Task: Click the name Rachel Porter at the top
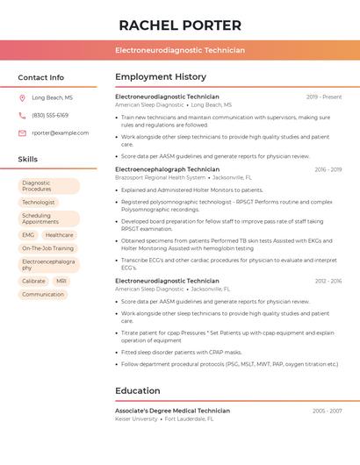pos(180,25)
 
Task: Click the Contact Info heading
pos(41,77)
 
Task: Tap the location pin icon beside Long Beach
pos(22,98)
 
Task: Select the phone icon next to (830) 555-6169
pos(22,115)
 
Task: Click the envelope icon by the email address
pos(22,133)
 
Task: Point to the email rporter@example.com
pos(61,133)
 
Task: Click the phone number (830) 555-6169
pos(50,115)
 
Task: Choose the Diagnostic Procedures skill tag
pos(47,186)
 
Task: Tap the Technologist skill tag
pos(39,202)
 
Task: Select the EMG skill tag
pos(28,235)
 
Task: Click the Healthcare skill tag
pos(60,235)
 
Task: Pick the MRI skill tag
pos(61,281)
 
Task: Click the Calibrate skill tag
pos(33,281)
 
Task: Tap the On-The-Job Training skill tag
pos(47,248)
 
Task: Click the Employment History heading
pos(161,77)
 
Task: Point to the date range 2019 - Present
pos(324,97)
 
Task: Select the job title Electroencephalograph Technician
pos(167,169)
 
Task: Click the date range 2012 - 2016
pos(328,281)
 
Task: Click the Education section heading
pos(137,390)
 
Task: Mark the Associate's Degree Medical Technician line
pos(172,411)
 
